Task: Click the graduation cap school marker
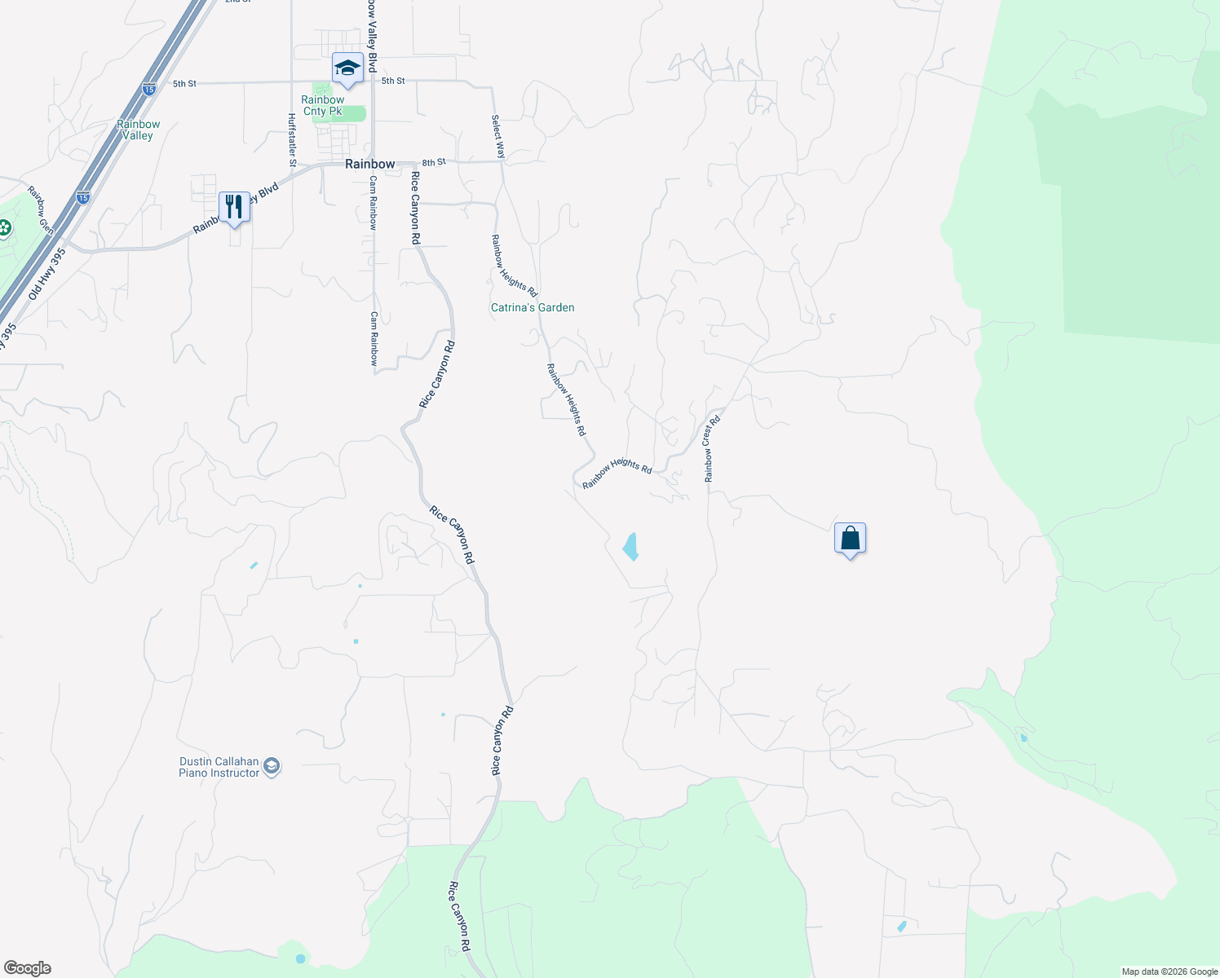pyautogui.click(x=347, y=68)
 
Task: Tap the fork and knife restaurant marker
pyautogui.click(x=234, y=207)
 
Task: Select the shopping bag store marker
pyautogui.click(x=850, y=539)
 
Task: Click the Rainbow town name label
pyautogui.click(x=369, y=164)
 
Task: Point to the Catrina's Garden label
pyautogui.click(x=533, y=307)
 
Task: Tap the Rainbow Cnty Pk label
pyautogui.click(x=323, y=106)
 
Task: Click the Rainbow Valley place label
pyautogui.click(x=138, y=130)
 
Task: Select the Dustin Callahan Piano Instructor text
pyautogui.click(x=219, y=767)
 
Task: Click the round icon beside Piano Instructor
pyautogui.click(x=272, y=767)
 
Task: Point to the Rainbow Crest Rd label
pyautogui.click(x=711, y=449)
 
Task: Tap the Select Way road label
pyautogui.click(x=497, y=136)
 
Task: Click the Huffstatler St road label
pyautogui.click(x=291, y=140)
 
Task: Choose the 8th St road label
pyautogui.click(x=434, y=162)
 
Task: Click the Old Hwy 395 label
pyautogui.click(x=46, y=274)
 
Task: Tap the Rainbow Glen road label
pyautogui.click(x=40, y=209)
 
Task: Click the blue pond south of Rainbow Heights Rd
pyautogui.click(x=630, y=546)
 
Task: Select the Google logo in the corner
pyautogui.click(x=28, y=968)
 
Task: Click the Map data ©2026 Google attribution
pyautogui.click(x=1169, y=971)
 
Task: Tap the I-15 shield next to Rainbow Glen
pyautogui.click(x=82, y=197)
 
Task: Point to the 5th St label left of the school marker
pyautogui.click(x=185, y=83)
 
